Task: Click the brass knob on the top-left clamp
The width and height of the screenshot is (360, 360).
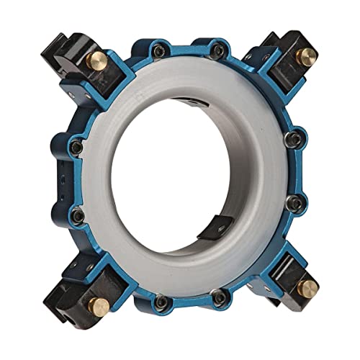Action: click(95, 58)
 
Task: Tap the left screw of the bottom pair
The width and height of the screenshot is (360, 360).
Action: click(161, 299)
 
